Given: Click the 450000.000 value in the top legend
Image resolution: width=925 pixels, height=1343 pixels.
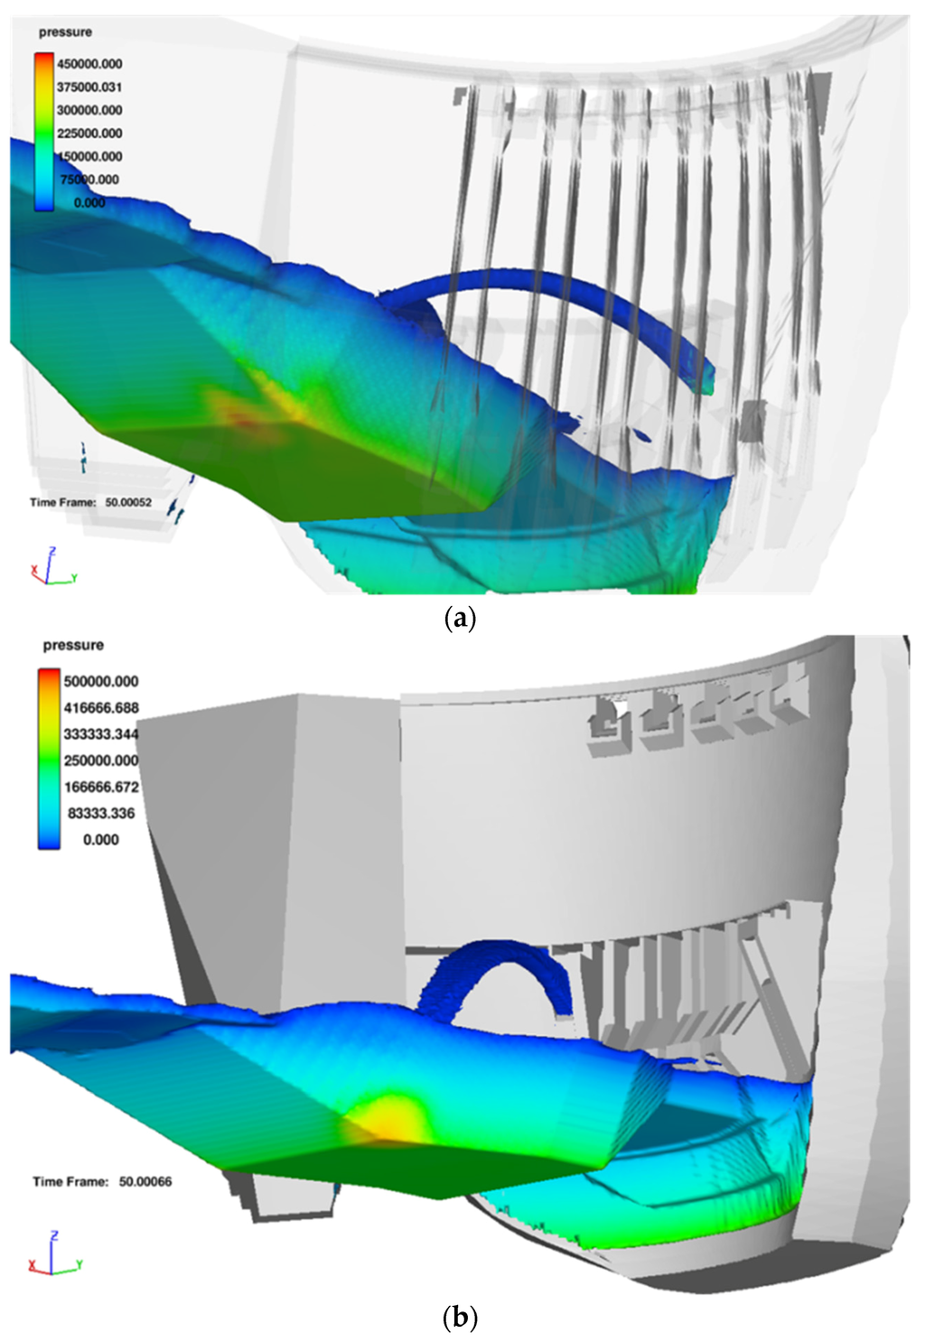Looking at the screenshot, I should click(x=89, y=64).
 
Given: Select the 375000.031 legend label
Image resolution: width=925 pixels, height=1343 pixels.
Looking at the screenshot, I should click(x=89, y=88).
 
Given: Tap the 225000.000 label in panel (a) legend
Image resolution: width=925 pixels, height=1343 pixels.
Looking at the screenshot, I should click(x=89, y=134).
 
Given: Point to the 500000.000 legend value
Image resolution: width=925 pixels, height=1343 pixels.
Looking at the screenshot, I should click(x=100, y=682).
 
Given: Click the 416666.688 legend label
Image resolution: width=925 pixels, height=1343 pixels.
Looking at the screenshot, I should click(x=100, y=708).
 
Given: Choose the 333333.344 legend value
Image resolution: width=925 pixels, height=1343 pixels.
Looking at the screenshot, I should click(x=100, y=734).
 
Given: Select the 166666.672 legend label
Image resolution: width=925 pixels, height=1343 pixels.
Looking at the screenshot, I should click(x=100, y=787).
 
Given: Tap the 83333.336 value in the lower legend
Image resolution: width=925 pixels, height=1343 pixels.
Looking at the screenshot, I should click(x=100, y=813).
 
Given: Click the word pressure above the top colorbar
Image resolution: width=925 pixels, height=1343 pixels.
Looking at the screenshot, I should click(x=65, y=33).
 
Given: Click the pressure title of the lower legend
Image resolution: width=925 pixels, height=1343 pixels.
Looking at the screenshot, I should click(x=73, y=646).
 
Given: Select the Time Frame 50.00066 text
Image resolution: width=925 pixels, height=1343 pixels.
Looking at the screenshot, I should click(x=101, y=1181).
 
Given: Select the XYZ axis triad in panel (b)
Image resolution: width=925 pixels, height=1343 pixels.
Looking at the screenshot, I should click(x=54, y=1254).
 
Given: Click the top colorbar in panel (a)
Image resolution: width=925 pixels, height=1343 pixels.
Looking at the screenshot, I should click(x=44, y=132).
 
